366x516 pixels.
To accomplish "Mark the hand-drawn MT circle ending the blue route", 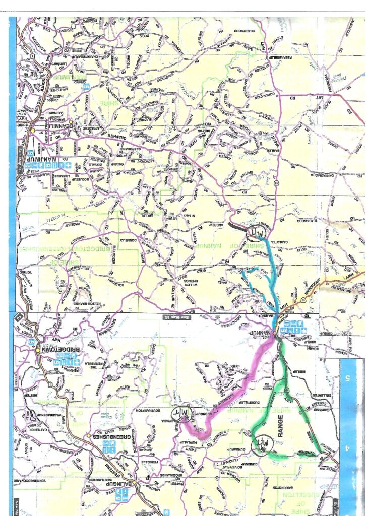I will coord(256,233).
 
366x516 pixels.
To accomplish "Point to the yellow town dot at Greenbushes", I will coord(89,434).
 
